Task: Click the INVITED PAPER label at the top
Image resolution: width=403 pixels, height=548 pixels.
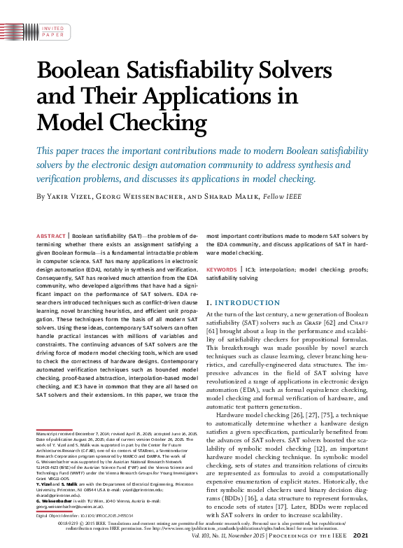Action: [52, 31]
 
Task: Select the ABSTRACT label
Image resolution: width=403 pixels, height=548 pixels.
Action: [51, 237]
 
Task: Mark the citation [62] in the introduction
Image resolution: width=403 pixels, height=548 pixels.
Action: [355, 324]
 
